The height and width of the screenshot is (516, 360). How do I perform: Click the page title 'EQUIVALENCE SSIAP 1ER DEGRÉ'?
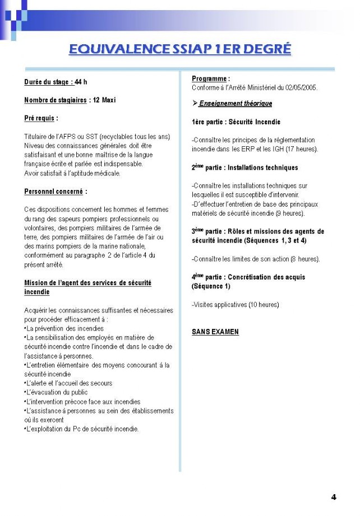point(180,49)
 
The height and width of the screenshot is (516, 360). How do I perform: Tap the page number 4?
point(334,496)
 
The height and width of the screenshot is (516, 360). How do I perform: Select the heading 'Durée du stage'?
point(49,82)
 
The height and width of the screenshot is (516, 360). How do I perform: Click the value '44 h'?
point(81,82)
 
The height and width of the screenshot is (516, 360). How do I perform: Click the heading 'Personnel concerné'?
point(54,192)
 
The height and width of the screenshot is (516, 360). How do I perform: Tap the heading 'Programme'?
point(209,78)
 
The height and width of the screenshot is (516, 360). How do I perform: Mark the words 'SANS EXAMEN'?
point(215,332)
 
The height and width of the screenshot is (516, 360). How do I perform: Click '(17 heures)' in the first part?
point(301,149)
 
